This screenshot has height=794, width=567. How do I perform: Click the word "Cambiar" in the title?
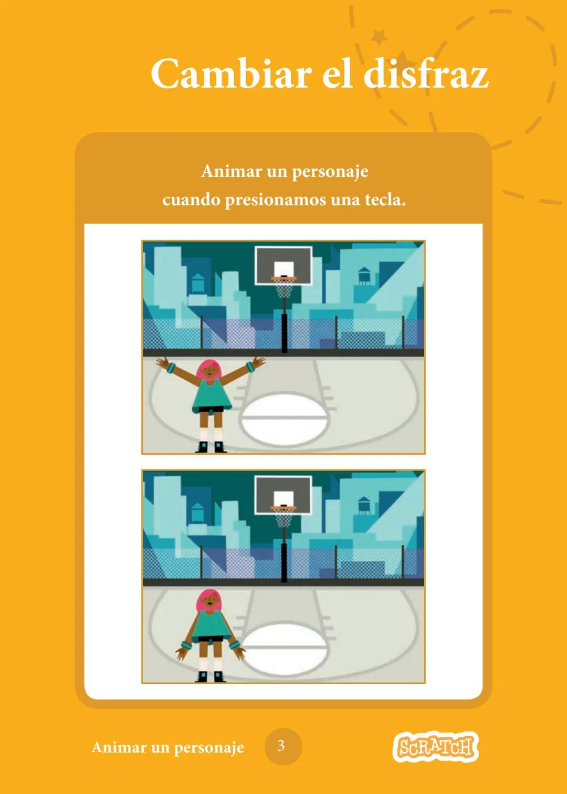click(x=231, y=74)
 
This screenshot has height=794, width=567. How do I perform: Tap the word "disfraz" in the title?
click(x=426, y=74)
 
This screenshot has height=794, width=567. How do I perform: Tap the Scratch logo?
click(x=435, y=746)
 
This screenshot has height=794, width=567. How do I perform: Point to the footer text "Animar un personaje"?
click(x=167, y=747)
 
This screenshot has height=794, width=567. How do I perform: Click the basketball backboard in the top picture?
click(x=283, y=264)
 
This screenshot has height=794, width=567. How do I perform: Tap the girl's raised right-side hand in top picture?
click(x=258, y=362)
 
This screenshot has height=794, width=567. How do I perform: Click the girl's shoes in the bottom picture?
click(x=211, y=677)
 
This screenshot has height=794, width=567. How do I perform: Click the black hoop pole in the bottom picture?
click(x=284, y=562)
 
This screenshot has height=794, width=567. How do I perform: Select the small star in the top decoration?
click(x=379, y=37)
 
